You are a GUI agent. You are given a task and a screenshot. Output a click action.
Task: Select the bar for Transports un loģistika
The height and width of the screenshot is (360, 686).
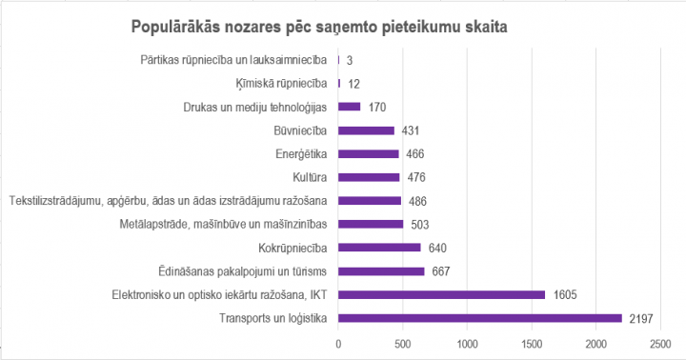point(479,318)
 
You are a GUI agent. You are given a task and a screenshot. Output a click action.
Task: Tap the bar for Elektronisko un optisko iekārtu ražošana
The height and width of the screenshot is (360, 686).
point(441,295)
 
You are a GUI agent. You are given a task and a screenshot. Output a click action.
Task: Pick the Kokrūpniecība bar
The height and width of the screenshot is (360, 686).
point(379,248)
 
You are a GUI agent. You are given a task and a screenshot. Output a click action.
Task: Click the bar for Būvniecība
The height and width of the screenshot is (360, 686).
point(366,130)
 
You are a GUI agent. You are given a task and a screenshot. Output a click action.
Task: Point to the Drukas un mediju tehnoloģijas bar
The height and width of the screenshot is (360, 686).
point(349,107)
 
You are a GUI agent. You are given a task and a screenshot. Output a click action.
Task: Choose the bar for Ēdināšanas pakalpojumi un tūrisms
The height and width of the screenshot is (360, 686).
point(381,271)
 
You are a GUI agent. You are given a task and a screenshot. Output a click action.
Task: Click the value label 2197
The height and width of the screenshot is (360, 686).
point(640,318)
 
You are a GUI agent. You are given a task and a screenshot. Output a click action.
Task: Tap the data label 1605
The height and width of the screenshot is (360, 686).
point(564,295)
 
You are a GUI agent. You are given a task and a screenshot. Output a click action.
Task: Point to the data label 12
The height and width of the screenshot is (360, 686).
point(353,84)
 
